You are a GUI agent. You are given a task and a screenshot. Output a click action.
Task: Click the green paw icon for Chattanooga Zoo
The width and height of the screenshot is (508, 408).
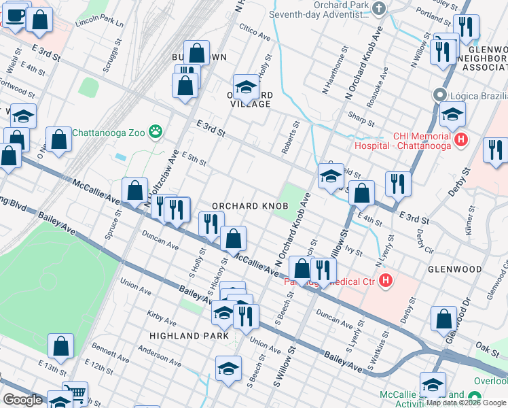[x=157, y=131]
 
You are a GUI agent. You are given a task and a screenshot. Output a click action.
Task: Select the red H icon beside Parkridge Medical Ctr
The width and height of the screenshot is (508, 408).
[x=386, y=279]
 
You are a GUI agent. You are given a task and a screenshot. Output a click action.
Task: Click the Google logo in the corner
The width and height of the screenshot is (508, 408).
[x=22, y=400]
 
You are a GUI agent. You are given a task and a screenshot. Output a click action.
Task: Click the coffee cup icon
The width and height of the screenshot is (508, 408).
[x=15, y=14]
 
